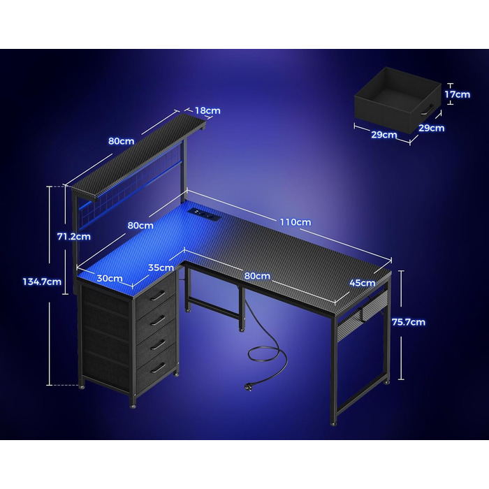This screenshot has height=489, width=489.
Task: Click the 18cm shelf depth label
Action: [207, 110]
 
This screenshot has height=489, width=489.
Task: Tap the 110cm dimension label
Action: [295, 222]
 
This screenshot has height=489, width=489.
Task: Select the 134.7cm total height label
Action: [42, 282]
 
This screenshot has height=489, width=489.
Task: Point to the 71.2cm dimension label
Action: [74, 236]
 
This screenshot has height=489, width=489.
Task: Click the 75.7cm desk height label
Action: [409, 322]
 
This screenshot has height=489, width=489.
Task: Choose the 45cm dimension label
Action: [363, 283]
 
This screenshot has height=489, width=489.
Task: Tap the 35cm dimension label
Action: [161, 268]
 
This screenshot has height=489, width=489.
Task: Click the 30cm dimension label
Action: [110, 278]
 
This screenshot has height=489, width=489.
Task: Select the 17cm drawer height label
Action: [457, 94]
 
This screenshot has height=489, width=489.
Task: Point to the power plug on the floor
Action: [248, 387]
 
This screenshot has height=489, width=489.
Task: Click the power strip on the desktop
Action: [204, 213]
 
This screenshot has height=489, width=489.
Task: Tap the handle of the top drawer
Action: [158, 295]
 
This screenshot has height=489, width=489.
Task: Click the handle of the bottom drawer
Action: [158, 368]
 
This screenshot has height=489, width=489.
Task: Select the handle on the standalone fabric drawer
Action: [428, 110]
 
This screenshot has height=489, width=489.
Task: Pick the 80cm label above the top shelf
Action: [122, 141]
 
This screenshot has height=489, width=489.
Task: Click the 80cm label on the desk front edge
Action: [257, 276]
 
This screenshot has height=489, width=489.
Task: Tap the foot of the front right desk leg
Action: [333, 424]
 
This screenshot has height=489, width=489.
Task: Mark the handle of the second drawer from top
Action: [158, 320]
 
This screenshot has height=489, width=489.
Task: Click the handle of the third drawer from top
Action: [158, 344]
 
